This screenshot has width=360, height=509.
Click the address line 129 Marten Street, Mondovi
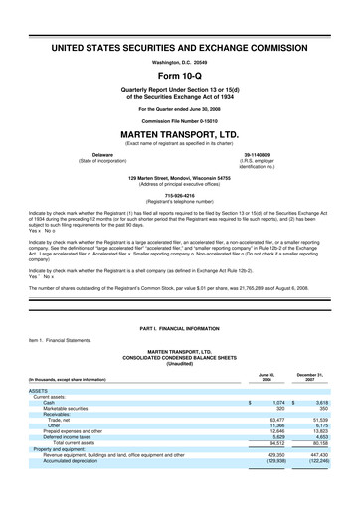(x=180, y=178)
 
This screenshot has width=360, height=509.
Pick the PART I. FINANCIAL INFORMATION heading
(x=180, y=327)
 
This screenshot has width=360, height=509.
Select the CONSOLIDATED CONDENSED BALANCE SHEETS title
(x=180, y=359)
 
